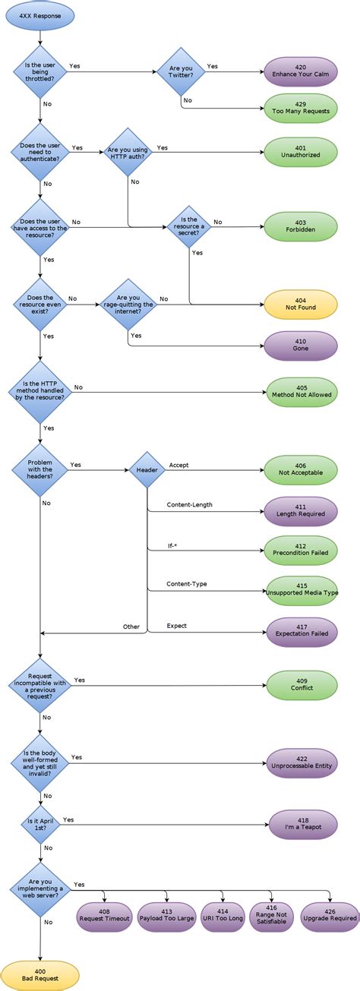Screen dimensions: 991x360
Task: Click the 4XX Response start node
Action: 40,15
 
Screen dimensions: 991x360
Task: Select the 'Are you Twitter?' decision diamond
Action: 181,72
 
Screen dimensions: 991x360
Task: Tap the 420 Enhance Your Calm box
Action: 300,71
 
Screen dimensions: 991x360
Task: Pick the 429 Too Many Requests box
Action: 300,109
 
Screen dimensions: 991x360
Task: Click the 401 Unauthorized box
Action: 300,150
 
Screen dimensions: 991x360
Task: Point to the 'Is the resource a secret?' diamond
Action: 188,226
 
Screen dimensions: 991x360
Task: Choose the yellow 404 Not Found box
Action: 300,304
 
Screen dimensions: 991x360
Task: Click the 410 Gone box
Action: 300,346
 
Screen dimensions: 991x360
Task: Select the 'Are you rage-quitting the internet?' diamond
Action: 128,304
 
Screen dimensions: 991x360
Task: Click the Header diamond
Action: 147,470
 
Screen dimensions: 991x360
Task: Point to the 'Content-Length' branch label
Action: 190,504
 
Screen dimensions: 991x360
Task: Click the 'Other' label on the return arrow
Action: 131,626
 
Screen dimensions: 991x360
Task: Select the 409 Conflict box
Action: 302,683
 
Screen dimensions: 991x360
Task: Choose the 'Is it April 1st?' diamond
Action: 40,824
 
